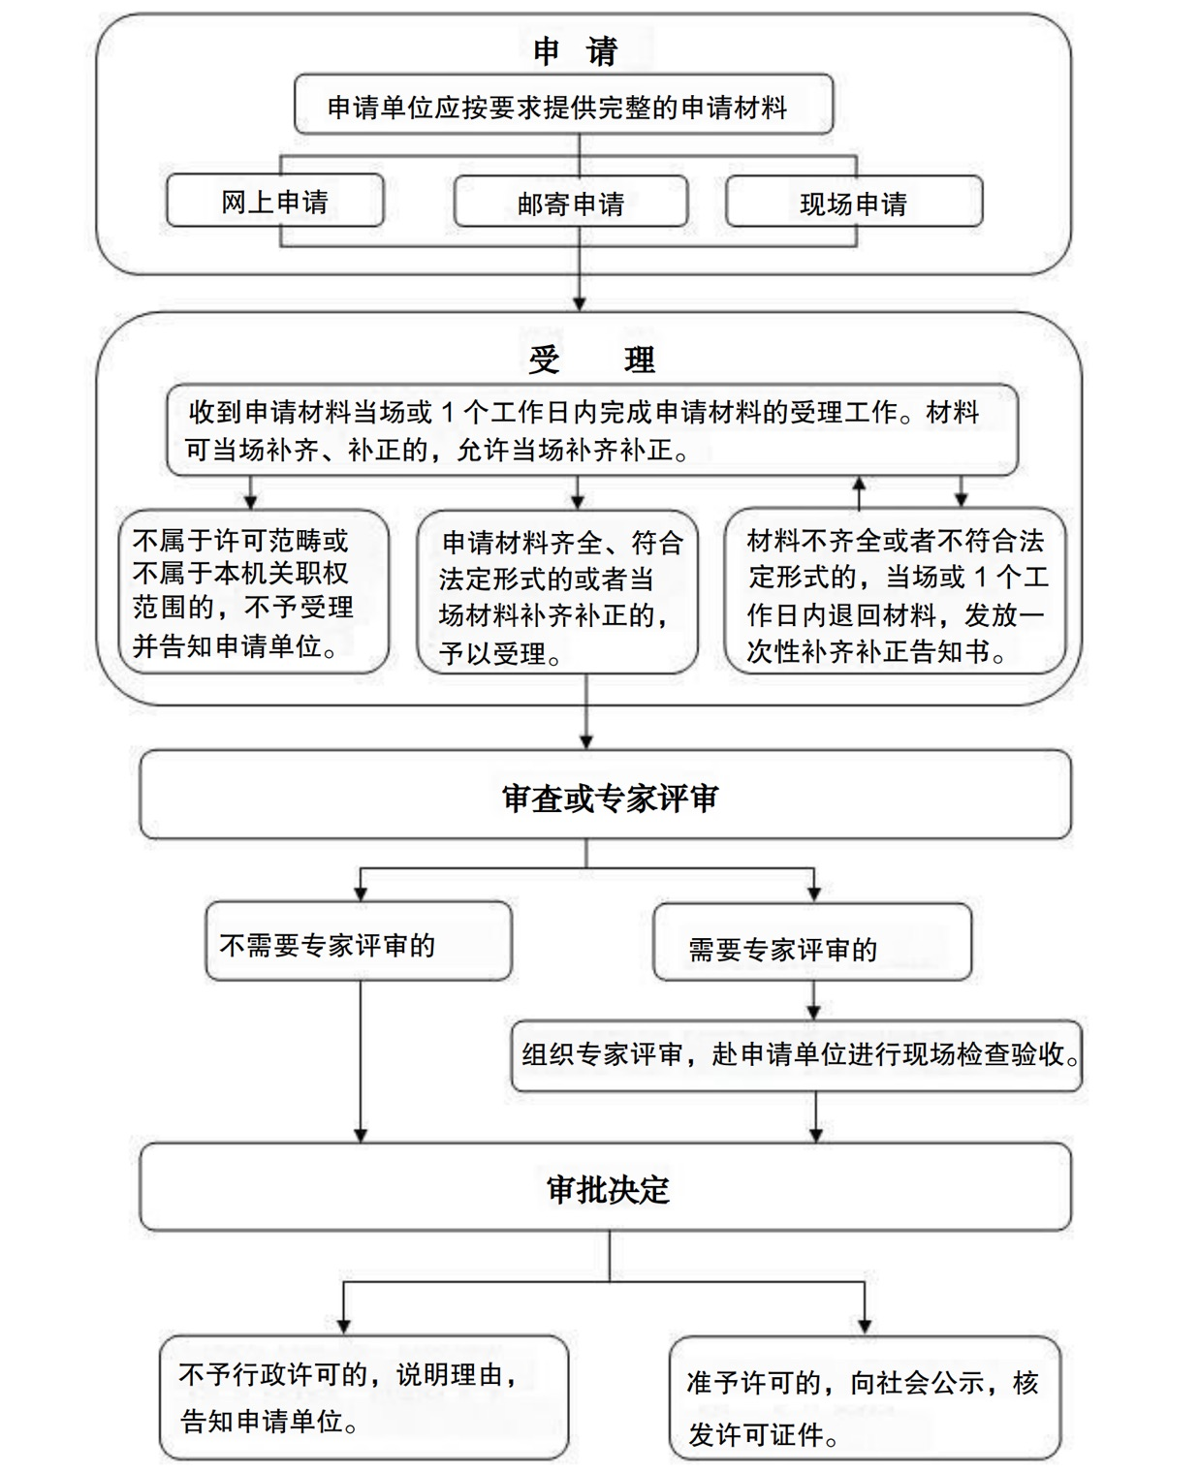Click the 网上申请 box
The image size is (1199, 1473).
[275, 201]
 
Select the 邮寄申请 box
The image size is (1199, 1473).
[571, 202]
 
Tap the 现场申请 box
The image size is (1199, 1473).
[854, 202]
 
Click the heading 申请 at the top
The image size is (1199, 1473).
[576, 51]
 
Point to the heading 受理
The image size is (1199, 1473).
[592, 360]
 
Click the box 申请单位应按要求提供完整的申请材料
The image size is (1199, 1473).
[563, 104]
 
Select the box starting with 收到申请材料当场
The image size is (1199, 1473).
[592, 430]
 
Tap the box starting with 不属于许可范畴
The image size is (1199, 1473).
[254, 592]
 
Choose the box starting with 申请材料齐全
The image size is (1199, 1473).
[557, 592]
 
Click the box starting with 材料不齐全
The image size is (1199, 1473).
[896, 590]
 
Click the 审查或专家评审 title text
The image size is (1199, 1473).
[610, 799]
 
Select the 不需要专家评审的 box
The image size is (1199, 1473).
[359, 941]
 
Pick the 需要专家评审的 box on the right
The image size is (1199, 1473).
[812, 942]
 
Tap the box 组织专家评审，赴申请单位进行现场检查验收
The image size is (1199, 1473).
[797, 1056]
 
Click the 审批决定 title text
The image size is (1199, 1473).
[609, 1189]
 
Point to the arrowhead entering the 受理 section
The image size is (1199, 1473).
[580, 304]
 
